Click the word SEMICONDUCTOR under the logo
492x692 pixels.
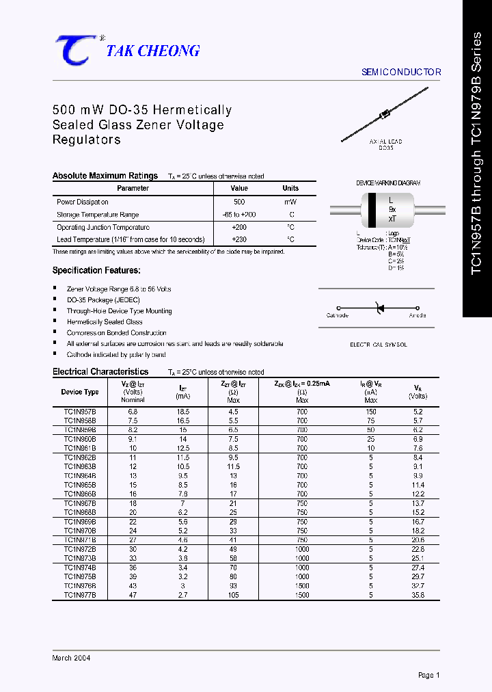point(400,72)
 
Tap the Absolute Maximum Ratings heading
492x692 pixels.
point(105,176)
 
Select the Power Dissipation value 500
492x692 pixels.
point(239,202)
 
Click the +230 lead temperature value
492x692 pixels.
point(239,239)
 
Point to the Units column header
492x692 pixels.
point(290,188)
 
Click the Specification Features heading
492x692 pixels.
point(96,271)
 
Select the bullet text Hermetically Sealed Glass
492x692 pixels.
point(105,322)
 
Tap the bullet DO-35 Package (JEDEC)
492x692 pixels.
point(103,300)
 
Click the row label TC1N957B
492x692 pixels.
point(80,412)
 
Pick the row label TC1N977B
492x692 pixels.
point(80,596)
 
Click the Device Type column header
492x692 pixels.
point(80,392)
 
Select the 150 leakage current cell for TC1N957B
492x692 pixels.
point(371,412)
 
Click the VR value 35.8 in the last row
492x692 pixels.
point(418,596)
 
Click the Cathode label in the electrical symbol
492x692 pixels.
point(338,315)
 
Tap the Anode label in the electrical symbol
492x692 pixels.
point(418,315)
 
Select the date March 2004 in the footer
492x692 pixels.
point(72,658)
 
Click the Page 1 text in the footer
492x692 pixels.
point(428,675)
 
